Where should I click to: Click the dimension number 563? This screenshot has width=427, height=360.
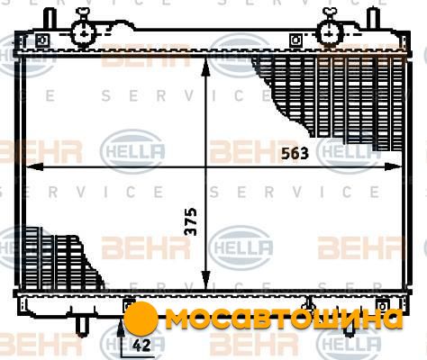(295, 154)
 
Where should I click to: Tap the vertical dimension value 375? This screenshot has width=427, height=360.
(191, 221)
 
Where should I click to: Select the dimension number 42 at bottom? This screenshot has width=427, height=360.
(141, 346)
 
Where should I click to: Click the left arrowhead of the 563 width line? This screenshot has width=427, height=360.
(33, 166)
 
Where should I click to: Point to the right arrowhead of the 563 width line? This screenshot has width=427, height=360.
(394, 166)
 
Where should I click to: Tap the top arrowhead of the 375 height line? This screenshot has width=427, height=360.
(205, 67)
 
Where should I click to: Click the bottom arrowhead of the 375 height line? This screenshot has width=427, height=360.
(205, 280)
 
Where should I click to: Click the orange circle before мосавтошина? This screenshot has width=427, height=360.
(141, 318)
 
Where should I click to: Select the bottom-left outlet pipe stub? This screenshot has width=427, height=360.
(82, 326)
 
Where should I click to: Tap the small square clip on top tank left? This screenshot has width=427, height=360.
(42, 40)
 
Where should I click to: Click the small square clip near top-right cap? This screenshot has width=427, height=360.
(295, 40)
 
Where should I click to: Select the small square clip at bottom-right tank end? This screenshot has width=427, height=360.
(383, 306)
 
